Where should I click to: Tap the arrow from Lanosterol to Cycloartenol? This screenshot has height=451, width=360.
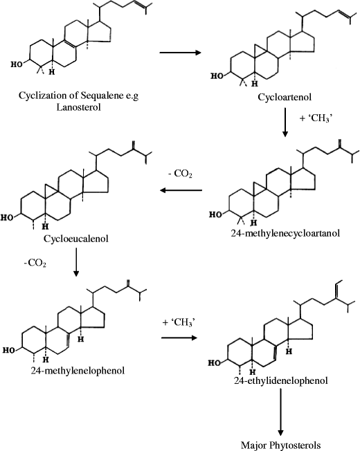181,52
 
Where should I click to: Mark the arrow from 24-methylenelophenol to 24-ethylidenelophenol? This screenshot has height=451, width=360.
179,337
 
